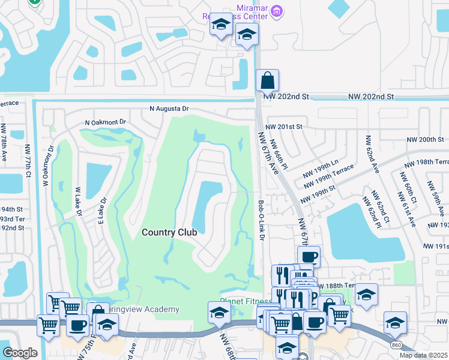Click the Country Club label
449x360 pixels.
(169, 232)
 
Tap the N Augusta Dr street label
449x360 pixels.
(169, 109)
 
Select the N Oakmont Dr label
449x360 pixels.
(106, 122)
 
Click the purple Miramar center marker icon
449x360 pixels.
(276, 10)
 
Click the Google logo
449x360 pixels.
(20, 352)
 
